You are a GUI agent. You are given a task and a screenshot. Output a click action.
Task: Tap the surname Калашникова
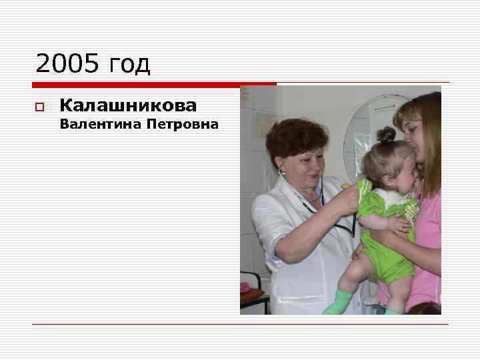click(128, 105)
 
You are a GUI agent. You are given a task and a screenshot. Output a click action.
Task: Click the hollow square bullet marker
click(39, 107)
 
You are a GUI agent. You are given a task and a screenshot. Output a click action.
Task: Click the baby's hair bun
click(385, 135)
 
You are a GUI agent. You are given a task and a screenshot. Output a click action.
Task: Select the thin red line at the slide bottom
click(240, 325)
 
